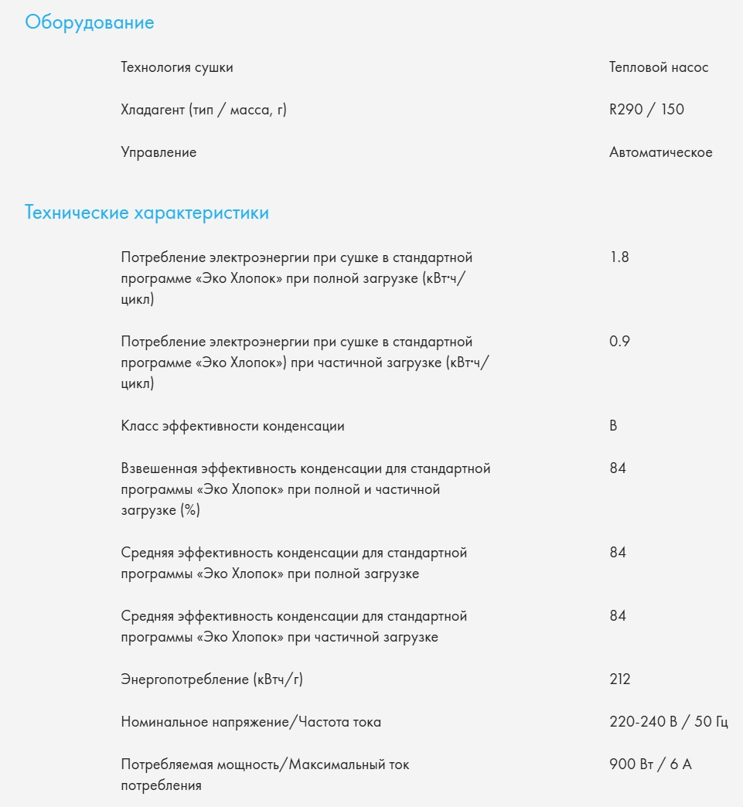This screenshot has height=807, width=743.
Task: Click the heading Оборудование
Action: [x=90, y=22]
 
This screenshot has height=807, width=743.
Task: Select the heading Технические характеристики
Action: [x=147, y=213]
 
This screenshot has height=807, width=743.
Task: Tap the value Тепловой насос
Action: [x=659, y=67]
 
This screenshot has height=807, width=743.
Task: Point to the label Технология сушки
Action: [x=177, y=67]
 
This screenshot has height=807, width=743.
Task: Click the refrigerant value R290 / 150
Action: [x=646, y=110]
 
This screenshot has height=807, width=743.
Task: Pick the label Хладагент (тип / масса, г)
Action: [x=203, y=110]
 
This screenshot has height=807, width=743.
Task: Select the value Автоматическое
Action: [x=660, y=152]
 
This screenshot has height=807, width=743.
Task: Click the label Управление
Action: [x=158, y=152]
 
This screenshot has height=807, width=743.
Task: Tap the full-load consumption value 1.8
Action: [x=619, y=257]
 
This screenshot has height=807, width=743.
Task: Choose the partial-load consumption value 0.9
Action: [x=619, y=342]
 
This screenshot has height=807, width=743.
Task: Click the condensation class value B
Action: [x=613, y=426]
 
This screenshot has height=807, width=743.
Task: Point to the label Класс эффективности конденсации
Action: [x=233, y=426]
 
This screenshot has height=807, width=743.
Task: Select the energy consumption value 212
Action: [x=620, y=679]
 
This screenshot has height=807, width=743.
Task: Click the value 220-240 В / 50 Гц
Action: [x=669, y=722]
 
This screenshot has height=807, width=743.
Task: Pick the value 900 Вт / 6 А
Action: [x=650, y=764]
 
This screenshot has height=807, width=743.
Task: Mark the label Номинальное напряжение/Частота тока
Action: [x=251, y=722]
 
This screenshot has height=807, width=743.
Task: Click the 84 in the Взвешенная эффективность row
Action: [x=618, y=468]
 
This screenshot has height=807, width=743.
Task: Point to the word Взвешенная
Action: [x=159, y=468]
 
